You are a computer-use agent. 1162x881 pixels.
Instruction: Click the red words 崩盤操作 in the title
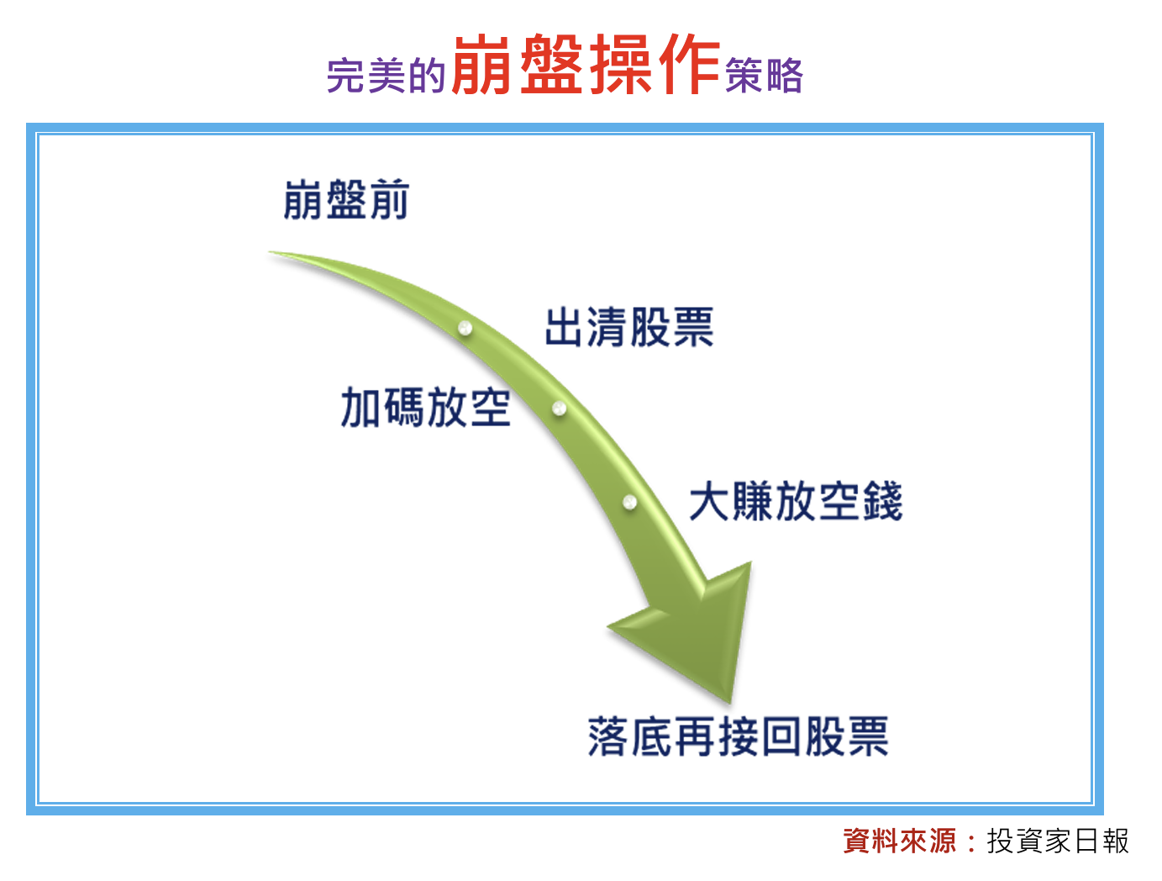[x=586, y=64]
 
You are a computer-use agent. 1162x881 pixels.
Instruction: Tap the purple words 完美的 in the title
[x=386, y=75]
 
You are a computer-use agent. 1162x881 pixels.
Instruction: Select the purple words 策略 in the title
[x=764, y=75]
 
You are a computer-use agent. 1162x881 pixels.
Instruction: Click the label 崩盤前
[x=346, y=199]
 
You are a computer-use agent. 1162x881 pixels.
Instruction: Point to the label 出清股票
[x=629, y=327]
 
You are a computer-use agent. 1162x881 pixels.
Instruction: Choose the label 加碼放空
[x=426, y=407]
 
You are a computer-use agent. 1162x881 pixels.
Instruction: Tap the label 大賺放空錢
[x=796, y=500]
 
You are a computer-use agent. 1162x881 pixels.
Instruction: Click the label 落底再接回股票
[x=738, y=736]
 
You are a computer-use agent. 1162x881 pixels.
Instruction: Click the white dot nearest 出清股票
[x=465, y=328]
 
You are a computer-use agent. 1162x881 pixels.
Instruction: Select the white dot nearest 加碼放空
[x=559, y=409]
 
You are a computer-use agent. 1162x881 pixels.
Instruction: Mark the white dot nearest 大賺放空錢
[x=629, y=501]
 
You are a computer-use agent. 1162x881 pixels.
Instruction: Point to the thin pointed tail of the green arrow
[x=270, y=252]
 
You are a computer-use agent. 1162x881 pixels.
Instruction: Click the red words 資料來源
[x=899, y=841]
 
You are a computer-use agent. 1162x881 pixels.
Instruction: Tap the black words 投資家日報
[x=1058, y=841]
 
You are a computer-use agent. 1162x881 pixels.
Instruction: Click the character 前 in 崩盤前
[x=390, y=199]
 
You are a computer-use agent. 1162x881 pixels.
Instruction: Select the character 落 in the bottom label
[x=607, y=736]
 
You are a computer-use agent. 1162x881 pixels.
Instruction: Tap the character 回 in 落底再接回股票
[x=781, y=736]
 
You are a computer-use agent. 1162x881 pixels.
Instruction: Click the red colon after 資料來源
[x=971, y=841]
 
